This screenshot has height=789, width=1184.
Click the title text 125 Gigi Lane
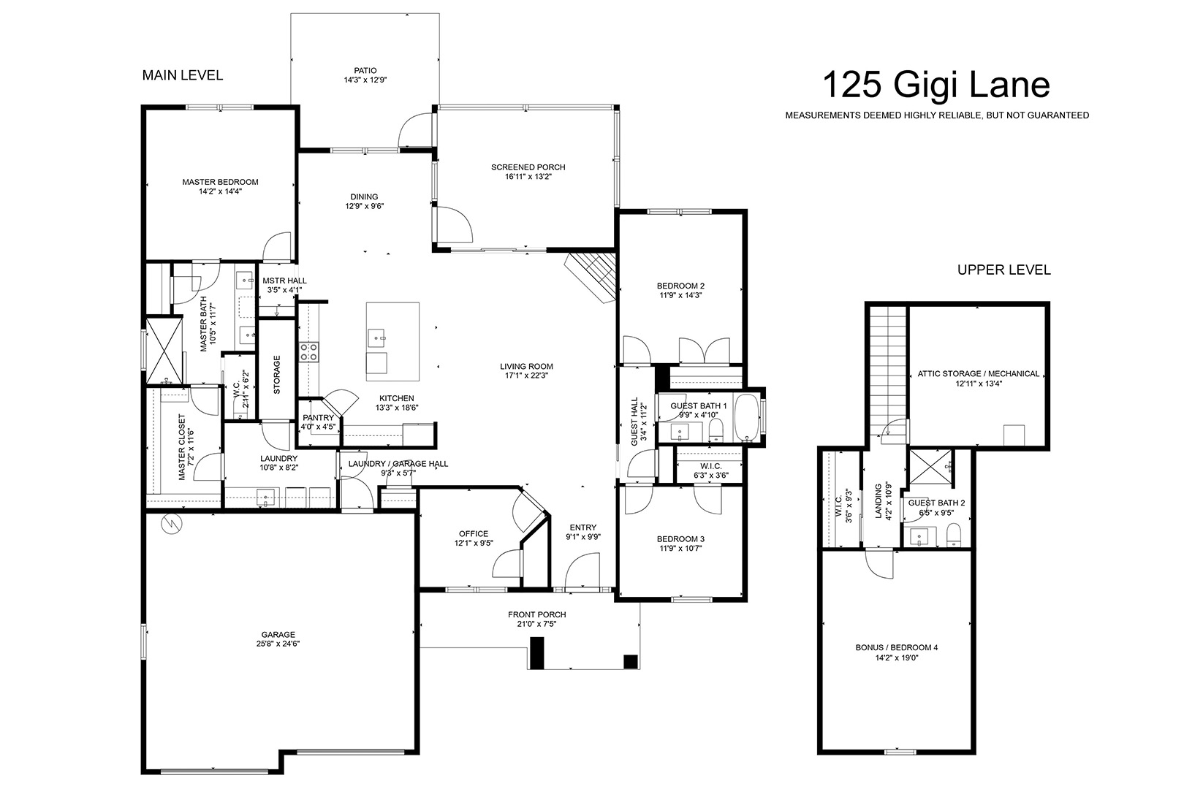click(936, 85)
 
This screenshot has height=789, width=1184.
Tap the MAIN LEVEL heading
click(183, 75)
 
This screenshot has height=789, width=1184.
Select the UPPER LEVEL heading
click(1003, 270)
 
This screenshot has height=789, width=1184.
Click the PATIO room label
click(365, 70)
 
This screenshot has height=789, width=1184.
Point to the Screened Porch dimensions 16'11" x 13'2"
click(528, 177)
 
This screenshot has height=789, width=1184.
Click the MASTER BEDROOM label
click(221, 182)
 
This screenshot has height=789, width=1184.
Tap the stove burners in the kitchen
click(309, 352)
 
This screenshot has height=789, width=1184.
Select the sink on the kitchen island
click(377, 336)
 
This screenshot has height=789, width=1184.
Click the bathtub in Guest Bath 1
click(746, 417)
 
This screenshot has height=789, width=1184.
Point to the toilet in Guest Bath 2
click(953, 535)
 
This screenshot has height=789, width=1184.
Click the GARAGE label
click(278, 635)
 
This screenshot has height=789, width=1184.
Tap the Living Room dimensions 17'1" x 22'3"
click(526, 376)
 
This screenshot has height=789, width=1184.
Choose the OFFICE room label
click(474, 534)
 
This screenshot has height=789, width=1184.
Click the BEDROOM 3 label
click(681, 539)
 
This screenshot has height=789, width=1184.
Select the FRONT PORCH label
click(537, 614)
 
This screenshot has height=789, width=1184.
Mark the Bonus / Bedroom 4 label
click(897, 647)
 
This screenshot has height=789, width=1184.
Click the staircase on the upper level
click(889, 370)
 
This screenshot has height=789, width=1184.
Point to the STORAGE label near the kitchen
click(277, 375)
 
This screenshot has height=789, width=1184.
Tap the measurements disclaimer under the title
click(937, 115)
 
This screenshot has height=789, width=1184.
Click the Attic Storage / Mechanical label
click(979, 373)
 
